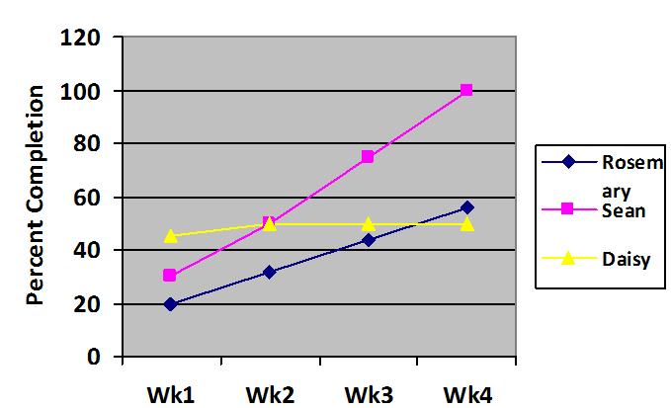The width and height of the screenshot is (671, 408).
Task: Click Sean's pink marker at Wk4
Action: tap(466, 90)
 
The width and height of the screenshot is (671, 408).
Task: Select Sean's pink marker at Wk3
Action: tap(368, 157)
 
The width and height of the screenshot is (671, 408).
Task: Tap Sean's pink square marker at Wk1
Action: tap(170, 276)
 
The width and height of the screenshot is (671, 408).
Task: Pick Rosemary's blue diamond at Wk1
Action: tap(170, 304)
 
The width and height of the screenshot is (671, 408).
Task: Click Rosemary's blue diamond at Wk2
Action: tap(269, 272)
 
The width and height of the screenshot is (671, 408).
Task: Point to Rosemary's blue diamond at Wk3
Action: tap(368, 240)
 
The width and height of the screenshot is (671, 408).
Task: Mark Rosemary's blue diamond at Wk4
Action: tap(466, 207)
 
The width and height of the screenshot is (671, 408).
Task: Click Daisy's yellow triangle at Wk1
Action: tap(170, 236)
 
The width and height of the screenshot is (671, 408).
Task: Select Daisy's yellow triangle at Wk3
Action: tap(368, 224)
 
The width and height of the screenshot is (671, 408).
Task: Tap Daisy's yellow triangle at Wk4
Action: tap(466, 224)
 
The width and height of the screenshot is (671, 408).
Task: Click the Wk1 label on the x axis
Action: tap(171, 393)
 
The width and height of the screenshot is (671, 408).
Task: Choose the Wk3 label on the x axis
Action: tap(368, 393)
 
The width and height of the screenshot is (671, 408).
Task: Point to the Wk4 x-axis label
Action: tap(466, 393)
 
